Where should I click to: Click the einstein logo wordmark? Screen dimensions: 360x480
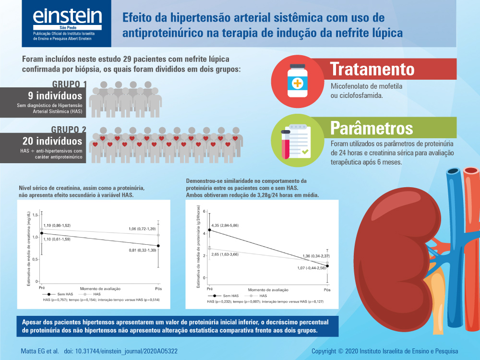point(67,16)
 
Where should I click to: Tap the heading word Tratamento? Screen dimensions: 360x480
point(372,69)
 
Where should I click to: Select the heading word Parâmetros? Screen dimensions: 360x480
point(372,128)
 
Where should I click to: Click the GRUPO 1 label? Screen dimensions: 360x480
point(69,84)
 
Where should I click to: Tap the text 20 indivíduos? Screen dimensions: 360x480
point(52,141)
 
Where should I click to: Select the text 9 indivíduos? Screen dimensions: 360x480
point(55,96)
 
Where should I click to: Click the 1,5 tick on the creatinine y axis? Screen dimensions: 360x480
point(35,216)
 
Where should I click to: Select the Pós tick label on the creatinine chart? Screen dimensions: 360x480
point(158,288)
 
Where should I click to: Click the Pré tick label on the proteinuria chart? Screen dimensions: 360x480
point(209,290)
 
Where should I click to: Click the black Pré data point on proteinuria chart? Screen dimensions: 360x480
point(209,230)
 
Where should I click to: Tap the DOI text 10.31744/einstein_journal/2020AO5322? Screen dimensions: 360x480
point(127,351)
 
